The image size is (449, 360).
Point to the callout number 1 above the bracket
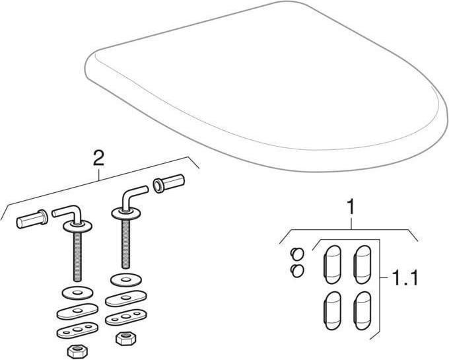click(x=351, y=207)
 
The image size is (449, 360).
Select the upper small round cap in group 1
click(x=295, y=253)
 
